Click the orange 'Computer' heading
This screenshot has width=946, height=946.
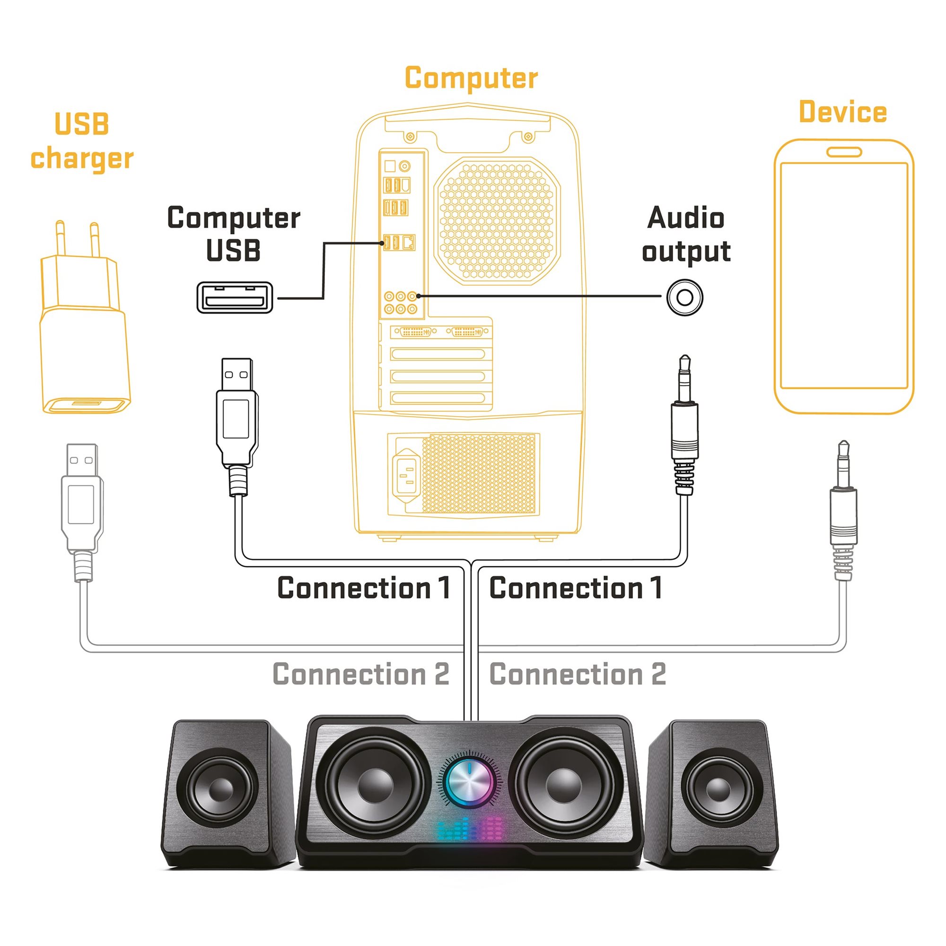[471, 79]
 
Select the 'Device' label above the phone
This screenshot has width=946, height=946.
[843, 112]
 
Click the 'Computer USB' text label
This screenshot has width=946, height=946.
[234, 234]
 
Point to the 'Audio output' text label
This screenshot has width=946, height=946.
[686, 234]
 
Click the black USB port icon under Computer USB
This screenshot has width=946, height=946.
[235, 297]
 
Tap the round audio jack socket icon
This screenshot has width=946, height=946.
[684, 297]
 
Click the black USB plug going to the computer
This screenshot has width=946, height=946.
[237, 421]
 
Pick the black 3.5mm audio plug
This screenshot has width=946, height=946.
[684, 426]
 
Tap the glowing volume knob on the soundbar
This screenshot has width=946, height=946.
[469, 781]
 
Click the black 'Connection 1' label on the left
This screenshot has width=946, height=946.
[363, 588]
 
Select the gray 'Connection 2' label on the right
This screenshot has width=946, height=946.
[578, 674]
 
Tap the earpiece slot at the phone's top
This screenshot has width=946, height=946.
[844, 152]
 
